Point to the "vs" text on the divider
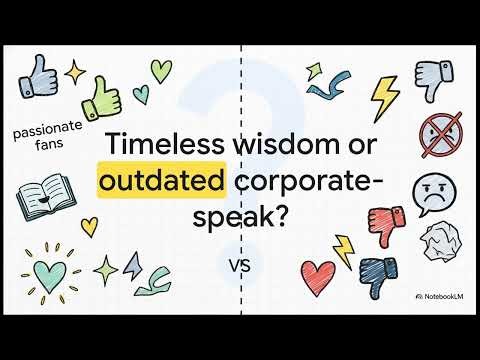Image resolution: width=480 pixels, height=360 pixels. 240,267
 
